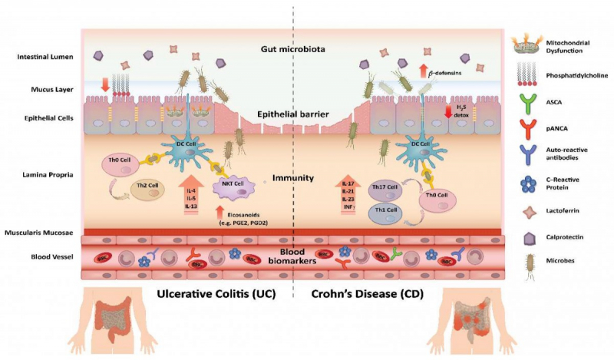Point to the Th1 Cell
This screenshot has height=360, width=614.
[x=385, y=213]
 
